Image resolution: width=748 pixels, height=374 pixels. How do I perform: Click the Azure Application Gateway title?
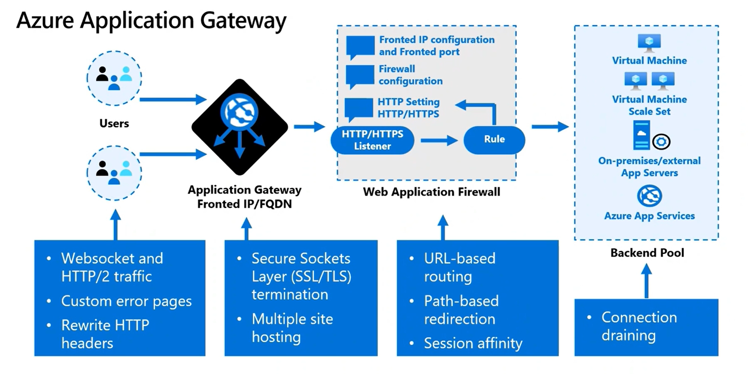(x=151, y=21)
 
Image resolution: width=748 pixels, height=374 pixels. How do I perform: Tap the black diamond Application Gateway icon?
(x=240, y=127)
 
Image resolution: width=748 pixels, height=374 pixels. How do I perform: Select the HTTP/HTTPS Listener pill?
(x=372, y=140)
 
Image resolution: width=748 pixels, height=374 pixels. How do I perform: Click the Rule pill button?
(x=494, y=139)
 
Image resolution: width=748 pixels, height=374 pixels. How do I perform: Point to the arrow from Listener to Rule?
(x=439, y=141)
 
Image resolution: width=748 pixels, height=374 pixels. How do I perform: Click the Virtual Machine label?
(x=649, y=61)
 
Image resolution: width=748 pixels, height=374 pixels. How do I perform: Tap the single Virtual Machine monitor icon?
(x=649, y=43)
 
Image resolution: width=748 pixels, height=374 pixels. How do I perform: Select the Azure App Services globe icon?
(x=649, y=196)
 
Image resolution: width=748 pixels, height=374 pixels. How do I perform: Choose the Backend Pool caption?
(x=647, y=253)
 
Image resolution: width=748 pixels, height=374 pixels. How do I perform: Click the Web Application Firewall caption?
(x=431, y=192)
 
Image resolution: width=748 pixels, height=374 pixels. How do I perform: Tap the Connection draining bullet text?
(x=639, y=326)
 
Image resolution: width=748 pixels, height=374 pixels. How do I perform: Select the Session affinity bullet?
(x=473, y=344)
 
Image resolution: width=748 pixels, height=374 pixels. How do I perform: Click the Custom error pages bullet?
(x=126, y=301)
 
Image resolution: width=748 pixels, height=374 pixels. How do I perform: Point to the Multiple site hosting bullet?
(x=292, y=328)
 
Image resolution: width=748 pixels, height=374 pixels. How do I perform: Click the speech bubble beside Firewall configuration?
(x=360, y=76)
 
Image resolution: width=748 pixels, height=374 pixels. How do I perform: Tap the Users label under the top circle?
(x=114, y=123)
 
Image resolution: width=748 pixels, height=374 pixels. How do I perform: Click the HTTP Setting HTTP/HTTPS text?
(x=408, y=108)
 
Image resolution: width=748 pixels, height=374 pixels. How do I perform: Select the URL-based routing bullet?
(x=459, y=267)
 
